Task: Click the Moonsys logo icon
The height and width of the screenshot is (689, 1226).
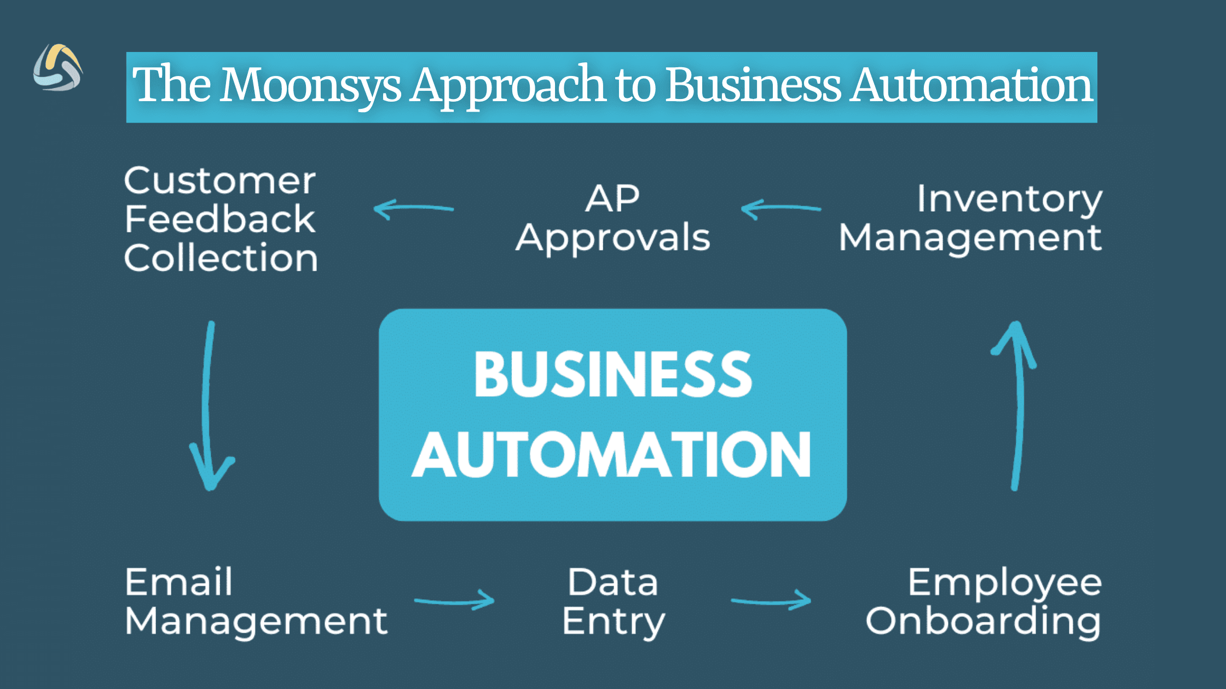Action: click(x=57, y=68)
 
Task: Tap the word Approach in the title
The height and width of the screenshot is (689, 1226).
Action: click(x=508, y=86)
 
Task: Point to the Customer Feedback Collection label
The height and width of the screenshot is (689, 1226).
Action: click(x=220, y=219)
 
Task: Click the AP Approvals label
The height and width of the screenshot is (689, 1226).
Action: click(x=612, y=219)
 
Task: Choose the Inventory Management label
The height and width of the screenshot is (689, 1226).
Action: click(x=970, y=219)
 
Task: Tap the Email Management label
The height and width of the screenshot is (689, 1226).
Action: click(x=256, y=602)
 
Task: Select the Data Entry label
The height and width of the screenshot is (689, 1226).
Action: click(x=613, y=602)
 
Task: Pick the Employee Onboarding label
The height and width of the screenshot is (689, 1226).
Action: click(x=983, y=602)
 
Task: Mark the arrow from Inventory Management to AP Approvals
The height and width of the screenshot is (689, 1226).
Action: click(x=780, y=209)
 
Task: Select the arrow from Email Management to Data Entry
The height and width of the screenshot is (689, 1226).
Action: click(x=454, y=601)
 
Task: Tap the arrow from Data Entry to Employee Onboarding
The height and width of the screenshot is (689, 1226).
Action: click(x=771, y=601)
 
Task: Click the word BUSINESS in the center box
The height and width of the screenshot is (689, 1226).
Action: click(x=613, y=375)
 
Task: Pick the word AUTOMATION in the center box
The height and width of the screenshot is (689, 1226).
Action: click(x=611, y=455)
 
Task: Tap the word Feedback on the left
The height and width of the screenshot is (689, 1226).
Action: click(x=220, y=219)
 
